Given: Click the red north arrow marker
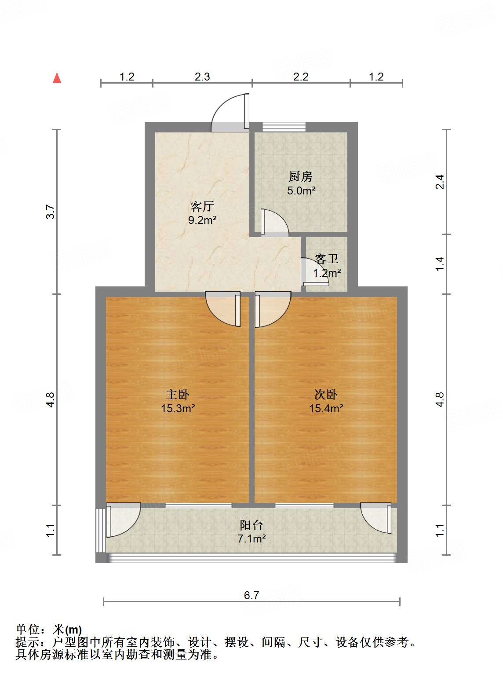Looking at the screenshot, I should (57, 78).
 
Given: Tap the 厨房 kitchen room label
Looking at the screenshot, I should (301, 177).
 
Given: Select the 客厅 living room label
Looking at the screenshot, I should (202, 206).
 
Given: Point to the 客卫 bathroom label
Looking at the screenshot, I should (327, 259).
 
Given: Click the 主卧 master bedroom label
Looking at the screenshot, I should (178, 394).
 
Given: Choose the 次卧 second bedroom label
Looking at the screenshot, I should (326, 394).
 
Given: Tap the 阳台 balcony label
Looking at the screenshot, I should (251, 525).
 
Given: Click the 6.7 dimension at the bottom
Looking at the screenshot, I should (251, 595).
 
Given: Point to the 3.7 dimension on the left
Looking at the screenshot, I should (51, 212).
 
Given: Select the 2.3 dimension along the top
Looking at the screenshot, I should (202, 77).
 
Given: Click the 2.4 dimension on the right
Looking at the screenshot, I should (440, 182).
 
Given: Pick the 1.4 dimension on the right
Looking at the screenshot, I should (440, 264).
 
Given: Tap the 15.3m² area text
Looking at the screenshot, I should (178, 408).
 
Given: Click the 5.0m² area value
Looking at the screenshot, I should (301, 190).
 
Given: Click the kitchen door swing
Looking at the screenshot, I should (273, 222).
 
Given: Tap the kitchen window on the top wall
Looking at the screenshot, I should (284, 127).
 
